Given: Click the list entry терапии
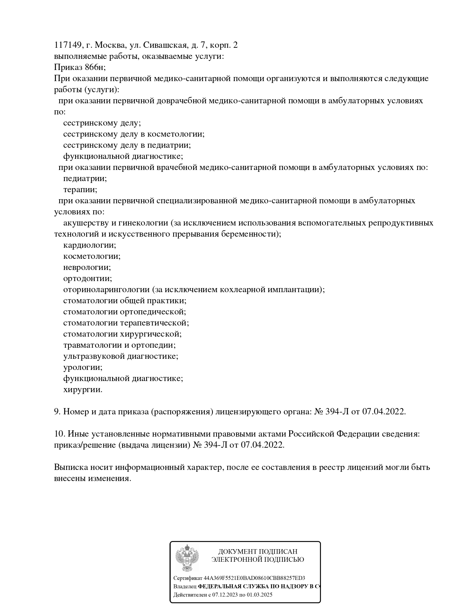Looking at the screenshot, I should (80, 190).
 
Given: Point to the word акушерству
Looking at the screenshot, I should (86, 223).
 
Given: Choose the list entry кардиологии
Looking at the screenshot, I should (90, 245).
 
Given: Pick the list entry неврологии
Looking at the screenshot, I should (87, 267).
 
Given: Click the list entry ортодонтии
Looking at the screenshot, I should (87, 278).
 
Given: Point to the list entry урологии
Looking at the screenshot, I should (83, 367).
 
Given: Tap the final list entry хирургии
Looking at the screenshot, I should (83, 390).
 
